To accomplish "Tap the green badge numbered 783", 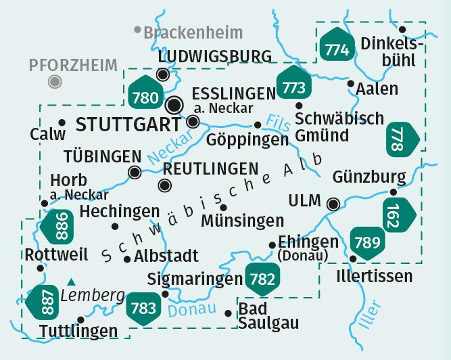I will point(143,307).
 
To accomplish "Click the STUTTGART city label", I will point(128,124).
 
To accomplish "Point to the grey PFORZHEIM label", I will point(73,65).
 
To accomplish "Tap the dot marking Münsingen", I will point(224,207).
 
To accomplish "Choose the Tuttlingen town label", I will point(76,332).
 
